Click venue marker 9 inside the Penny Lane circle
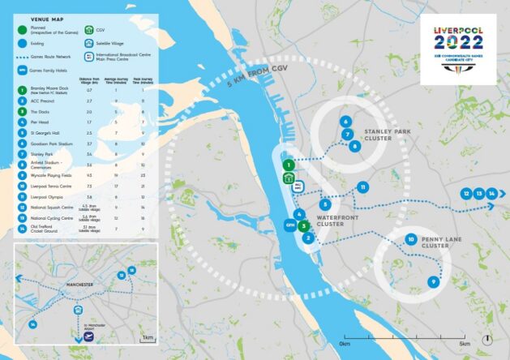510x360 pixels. (433, 281)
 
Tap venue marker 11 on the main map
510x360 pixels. (362, 187)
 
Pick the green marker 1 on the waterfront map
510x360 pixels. (288, 165)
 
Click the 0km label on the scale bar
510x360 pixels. (345, 344)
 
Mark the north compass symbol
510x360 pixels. (486, 338)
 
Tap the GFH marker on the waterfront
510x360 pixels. (289, 224)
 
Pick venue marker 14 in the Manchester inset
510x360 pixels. (33, 324)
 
